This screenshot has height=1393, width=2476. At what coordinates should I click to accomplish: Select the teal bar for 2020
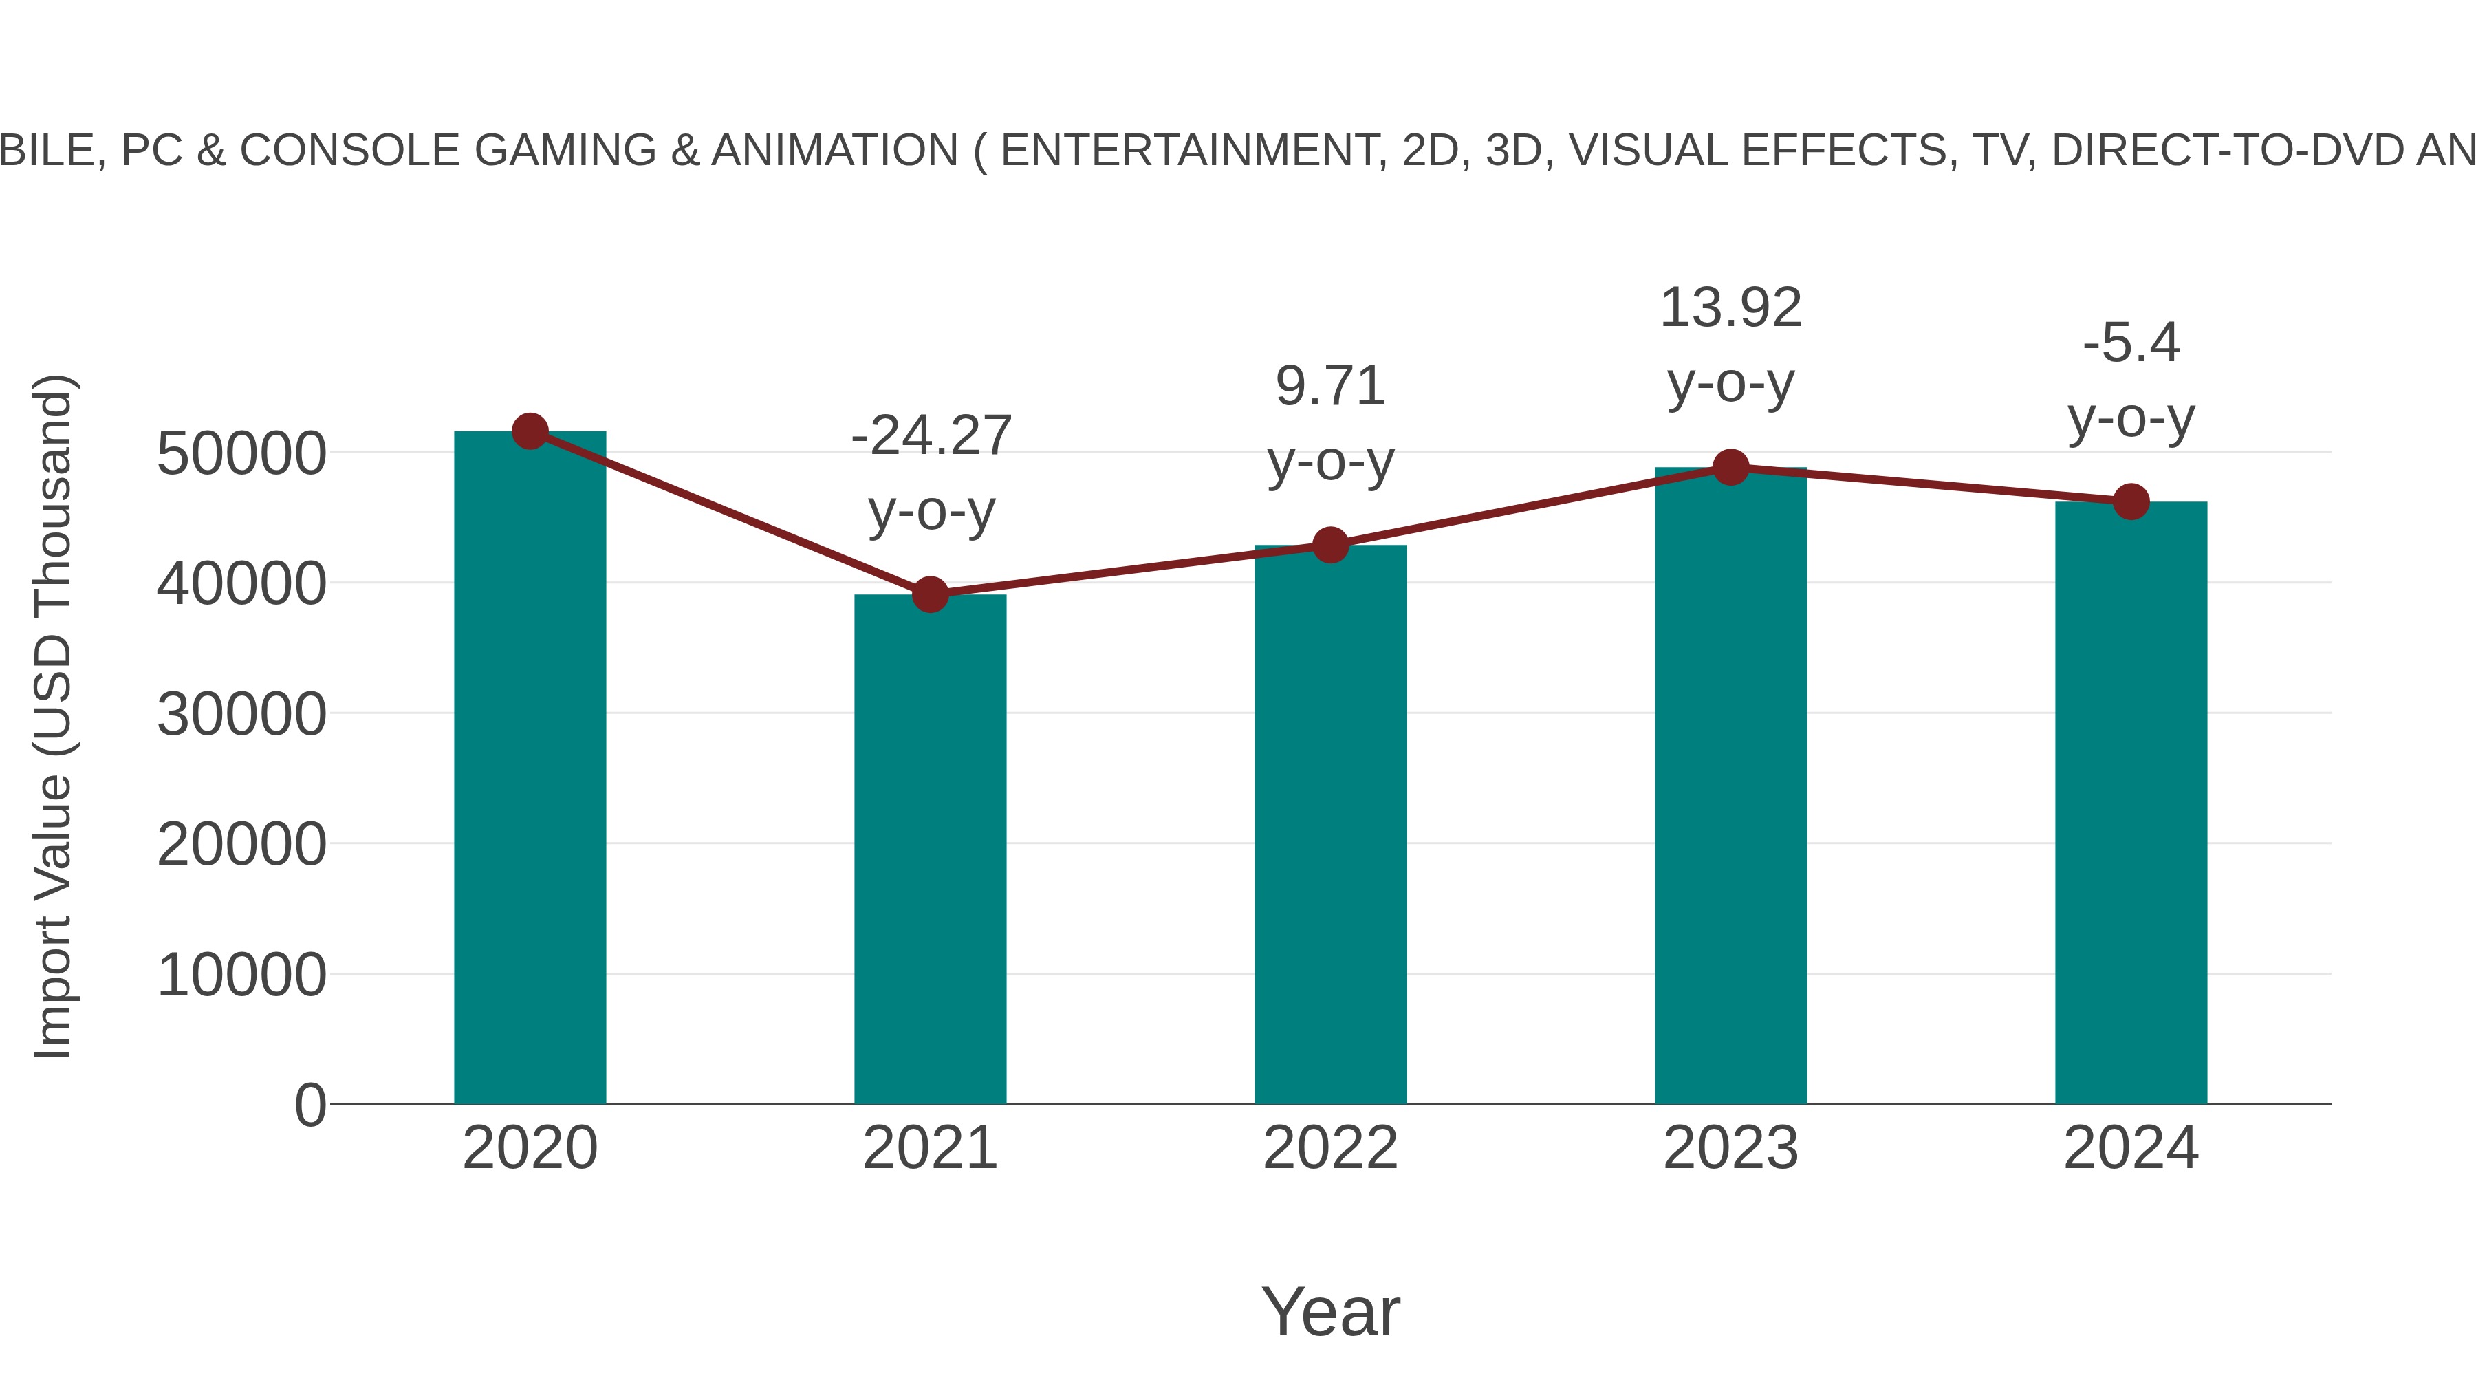point(530,769)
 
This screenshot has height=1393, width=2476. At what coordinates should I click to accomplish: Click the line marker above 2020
point(530,431)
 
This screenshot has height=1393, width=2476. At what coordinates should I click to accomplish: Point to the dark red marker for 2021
point(929,595)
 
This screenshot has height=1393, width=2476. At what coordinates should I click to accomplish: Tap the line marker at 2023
point(1730,468)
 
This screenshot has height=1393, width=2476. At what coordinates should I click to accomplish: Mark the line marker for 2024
point(2131,502)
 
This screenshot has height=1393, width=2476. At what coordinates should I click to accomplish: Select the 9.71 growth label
point(1330,387)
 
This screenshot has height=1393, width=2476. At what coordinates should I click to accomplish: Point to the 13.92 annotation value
point(1730,309)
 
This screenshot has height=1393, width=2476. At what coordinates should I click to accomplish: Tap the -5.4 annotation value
point(2131,343)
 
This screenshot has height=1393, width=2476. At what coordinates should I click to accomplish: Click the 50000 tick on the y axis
point(241,454)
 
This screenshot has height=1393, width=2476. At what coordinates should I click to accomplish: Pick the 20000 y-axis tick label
point(241,845)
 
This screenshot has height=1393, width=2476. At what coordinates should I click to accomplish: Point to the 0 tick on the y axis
point(309,1105)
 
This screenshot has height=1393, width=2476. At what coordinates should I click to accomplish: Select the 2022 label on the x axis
point(1330,1148)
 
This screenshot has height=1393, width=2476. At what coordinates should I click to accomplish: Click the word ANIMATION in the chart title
point(834,151)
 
